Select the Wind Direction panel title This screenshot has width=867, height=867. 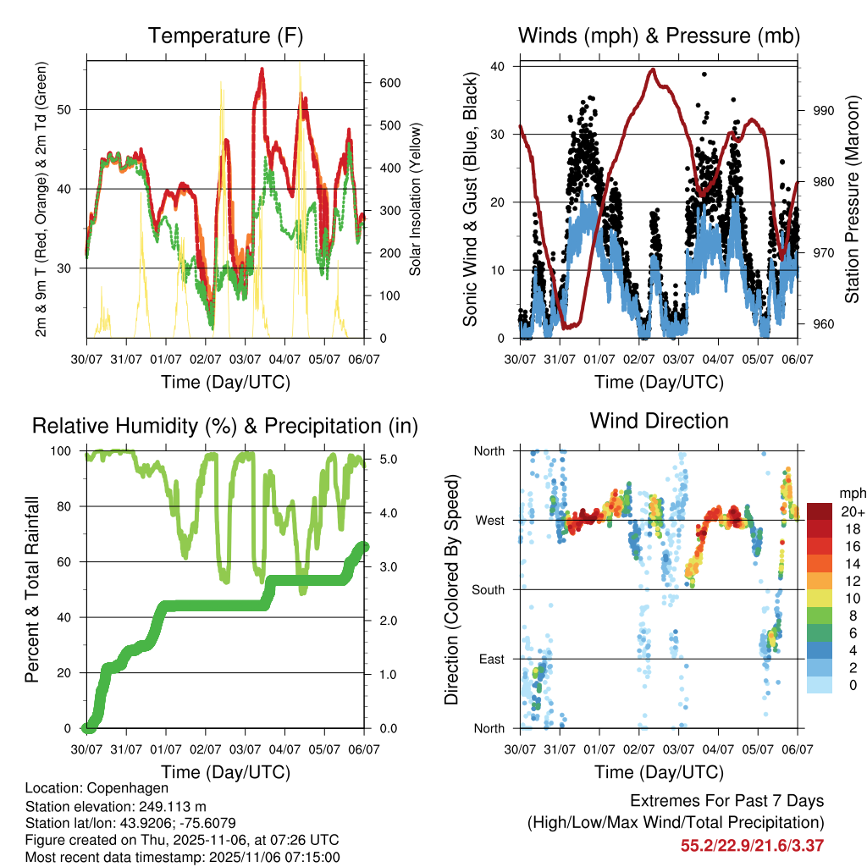(x=659, y=421)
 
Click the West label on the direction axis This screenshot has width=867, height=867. (x=489, y=521)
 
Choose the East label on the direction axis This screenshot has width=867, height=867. (x=491, y=660)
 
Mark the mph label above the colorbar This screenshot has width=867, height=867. (x=850, y=493)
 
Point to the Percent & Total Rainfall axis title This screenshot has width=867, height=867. (x=33, y=590)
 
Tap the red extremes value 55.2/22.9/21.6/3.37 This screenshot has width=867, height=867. (x=752, y=845)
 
